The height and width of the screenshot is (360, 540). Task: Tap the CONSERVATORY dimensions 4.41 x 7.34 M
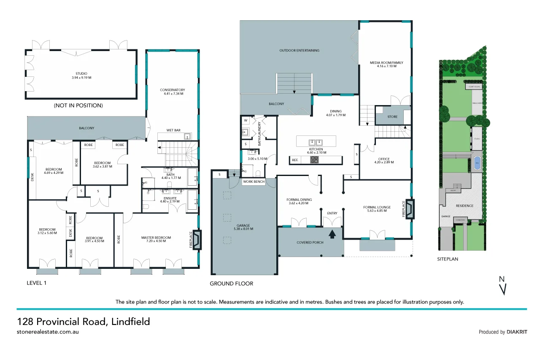pos(173,94)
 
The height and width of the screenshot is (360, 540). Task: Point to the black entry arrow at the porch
pos(332,233)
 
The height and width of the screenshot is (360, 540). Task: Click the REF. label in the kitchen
pos(295,160)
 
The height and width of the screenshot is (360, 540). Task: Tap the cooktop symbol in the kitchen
pos(315,160)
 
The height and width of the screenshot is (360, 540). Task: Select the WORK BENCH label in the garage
pos(254,181)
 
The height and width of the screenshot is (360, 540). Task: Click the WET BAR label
pos(173,130)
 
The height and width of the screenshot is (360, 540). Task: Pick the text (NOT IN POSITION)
pos(78,106)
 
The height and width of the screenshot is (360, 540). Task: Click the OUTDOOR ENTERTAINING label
pos(299,50)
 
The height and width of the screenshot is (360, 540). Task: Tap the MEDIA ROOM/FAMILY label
pos(386,62)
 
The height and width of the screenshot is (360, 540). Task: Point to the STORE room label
pos(392,116)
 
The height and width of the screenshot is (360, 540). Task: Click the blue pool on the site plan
pos(477,162)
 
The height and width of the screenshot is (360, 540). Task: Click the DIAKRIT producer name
pos(517,332)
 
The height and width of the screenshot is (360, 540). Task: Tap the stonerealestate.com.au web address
pos(48,332)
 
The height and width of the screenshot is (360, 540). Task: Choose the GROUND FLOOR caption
pos(232,284)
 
